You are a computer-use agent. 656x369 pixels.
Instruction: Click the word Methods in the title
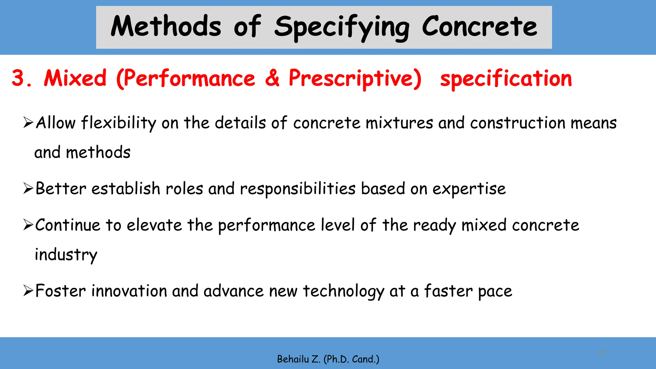166,27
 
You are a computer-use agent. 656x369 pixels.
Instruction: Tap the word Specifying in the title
341,28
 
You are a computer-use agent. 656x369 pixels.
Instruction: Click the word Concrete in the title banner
479,27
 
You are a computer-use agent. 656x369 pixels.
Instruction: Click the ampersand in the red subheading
272,78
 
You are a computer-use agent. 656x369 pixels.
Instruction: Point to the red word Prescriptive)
355,79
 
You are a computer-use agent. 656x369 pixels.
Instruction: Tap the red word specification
506,79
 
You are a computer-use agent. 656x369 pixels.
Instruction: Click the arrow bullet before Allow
28,123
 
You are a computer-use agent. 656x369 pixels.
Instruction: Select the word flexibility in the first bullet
119,123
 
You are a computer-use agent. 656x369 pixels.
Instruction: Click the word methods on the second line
98,152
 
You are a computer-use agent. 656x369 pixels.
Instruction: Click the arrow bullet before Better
28,189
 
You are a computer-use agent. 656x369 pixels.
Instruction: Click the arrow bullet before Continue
28,225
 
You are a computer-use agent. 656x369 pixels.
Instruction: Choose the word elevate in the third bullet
154,225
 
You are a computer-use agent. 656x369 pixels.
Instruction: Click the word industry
66,255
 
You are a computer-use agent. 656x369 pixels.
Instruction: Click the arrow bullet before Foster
28,291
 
